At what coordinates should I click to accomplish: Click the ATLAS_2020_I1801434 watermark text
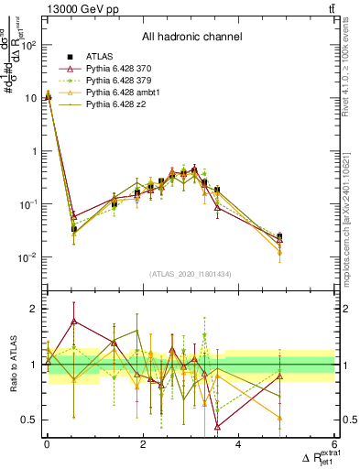pos(191,275)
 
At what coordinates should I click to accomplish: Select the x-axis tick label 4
pos(239,444)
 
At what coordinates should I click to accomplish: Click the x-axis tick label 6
pos(334,444)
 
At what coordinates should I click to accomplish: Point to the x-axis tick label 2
pos(143,444)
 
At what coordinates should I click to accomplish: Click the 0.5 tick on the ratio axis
pos(31,420)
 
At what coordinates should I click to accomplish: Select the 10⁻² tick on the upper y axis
pos(29,257)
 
